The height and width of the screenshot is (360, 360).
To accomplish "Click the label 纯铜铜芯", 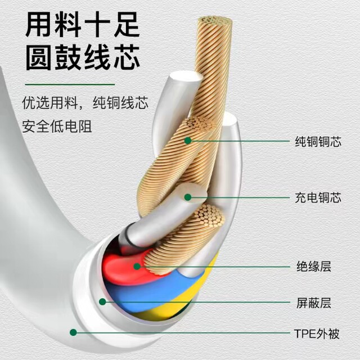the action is tap(318, 141).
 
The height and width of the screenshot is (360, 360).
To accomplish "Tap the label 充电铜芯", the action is tap(318, 197).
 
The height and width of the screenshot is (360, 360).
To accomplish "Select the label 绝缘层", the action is tap(314, 267).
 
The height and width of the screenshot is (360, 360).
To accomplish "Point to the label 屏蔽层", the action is tap(314, 303).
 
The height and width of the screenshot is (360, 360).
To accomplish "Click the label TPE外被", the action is tap(317, 334).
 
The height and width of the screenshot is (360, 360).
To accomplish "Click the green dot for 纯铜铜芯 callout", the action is tap(188, 141).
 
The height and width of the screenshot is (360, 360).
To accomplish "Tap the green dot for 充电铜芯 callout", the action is tap(188, 197).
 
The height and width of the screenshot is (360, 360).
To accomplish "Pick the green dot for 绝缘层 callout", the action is tap(137, 266).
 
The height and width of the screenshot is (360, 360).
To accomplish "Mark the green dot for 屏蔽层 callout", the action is tap(102, 301).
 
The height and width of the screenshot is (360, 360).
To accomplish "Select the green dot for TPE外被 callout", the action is tap(73, 332).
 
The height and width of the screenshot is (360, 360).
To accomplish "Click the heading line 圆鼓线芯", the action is tap(83, 57).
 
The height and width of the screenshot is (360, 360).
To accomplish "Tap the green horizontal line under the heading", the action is tap(70, 84).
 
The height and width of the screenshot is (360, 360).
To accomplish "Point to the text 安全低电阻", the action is tap(57, 126).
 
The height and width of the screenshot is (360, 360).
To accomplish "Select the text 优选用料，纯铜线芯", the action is tap(85, 102).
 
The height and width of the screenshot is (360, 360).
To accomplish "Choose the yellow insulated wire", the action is tap(184, 299).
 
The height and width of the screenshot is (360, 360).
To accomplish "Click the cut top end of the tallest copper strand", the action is tap(215, 20).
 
